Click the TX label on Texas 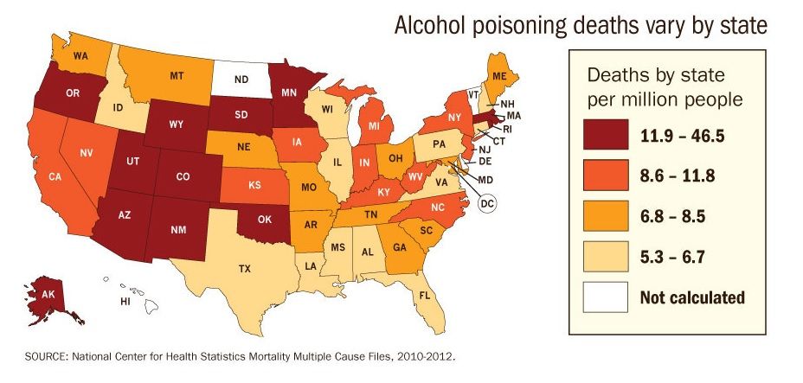[x=245, y=269]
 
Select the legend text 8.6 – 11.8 [x=681, y=176]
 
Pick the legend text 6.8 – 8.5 [x=677, y=217]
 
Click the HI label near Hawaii [x=125, y=303]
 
